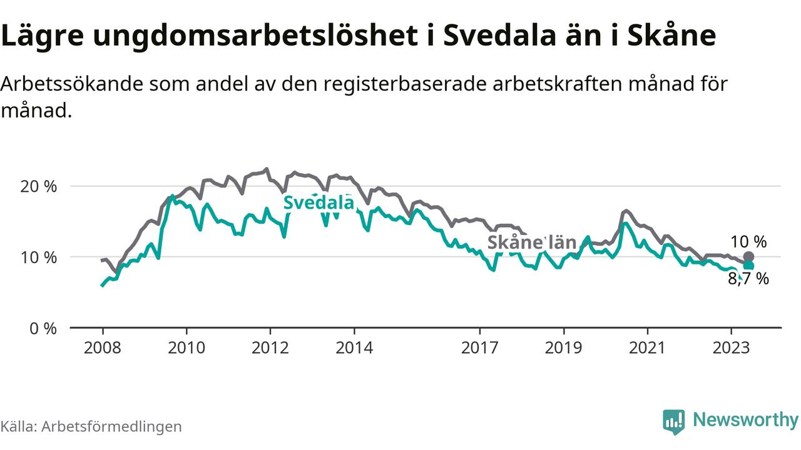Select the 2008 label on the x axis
point(103,347)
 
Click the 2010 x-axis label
point(186,347)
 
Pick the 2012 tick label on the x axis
point(270,347)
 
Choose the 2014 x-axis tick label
point(354,347)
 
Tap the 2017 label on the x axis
point(480,347)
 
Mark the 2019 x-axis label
point(564,347)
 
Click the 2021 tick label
point(647,347)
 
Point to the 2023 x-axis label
point(731,347)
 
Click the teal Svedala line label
point(319,202)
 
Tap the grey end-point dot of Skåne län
point(749,257)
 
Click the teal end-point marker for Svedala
point(748,266)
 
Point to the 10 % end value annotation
point(748,242)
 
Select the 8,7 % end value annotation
point(748,279)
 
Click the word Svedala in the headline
point(497,36)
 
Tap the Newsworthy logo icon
point(674,421)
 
